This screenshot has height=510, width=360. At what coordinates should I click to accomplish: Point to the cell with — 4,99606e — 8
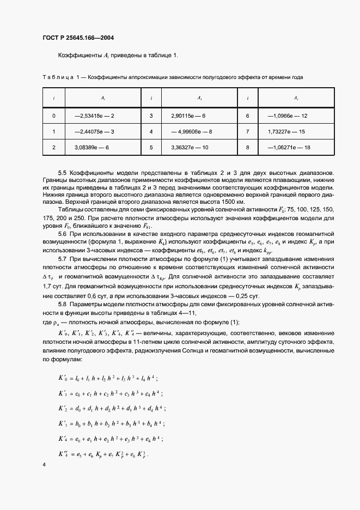[x=191, y=132]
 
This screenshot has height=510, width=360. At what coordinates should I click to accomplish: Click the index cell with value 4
[x=151, y=132]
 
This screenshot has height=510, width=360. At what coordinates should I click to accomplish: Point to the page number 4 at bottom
[x=44, y=464]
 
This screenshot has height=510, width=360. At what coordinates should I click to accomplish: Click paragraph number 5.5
[x=63, y=173]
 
